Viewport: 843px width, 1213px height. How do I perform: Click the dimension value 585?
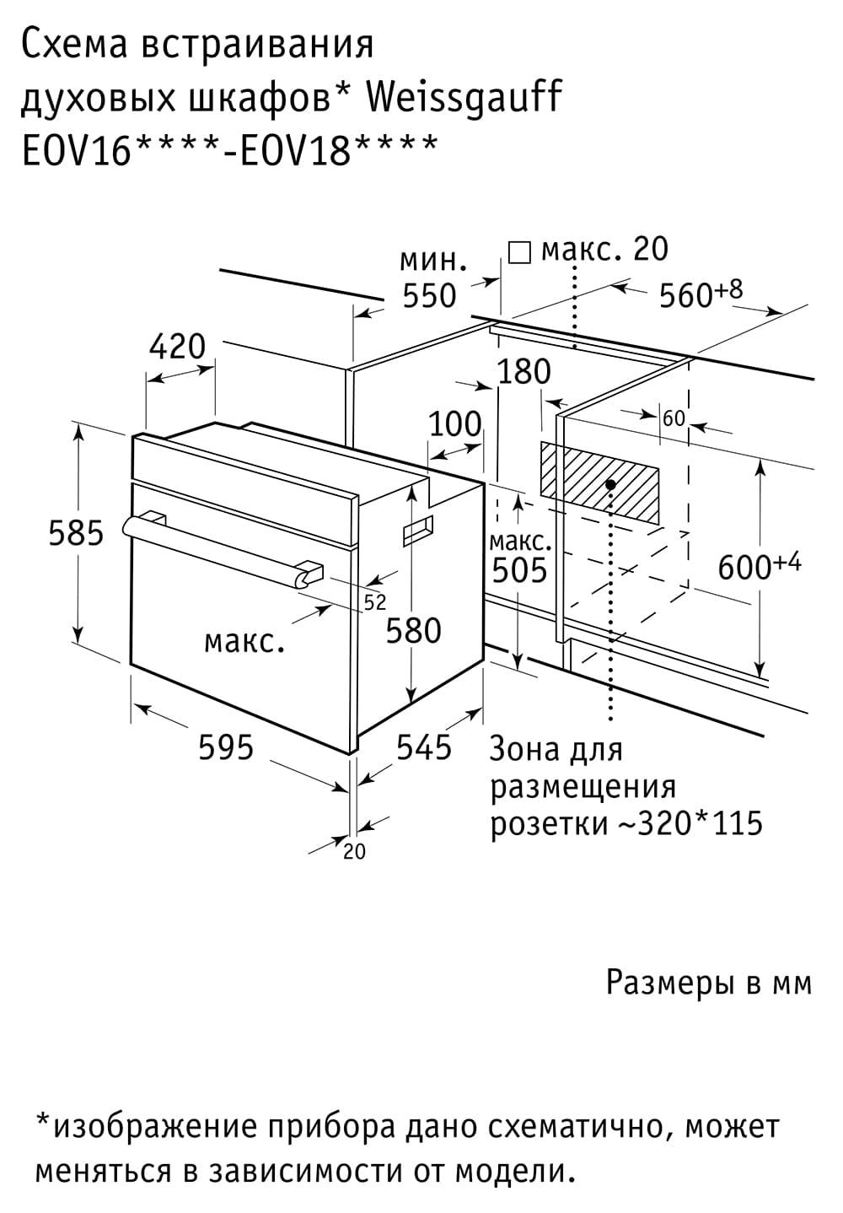click(76, 533)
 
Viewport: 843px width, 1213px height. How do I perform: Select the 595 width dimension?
click(226, 747)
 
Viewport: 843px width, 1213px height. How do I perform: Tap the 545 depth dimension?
click(424, 747)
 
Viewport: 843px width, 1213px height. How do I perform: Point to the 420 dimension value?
click(178, 347)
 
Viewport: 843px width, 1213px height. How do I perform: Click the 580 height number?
click(413, 631)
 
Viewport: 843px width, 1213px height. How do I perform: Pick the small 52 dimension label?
click(375, 603)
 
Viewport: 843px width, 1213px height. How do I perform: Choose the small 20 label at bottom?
click(354, 852)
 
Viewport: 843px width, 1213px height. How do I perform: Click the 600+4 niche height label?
click(760, 567)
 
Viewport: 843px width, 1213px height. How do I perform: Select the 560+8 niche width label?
click(701, 294)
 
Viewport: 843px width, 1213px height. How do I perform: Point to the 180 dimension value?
click(524, 371)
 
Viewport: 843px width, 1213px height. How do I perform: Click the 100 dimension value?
click(455, 424)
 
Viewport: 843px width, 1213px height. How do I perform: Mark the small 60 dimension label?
click(674, 418)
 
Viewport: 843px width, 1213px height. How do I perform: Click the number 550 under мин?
click(430, 296)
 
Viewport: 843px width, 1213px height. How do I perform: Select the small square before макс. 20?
click(519, 253)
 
